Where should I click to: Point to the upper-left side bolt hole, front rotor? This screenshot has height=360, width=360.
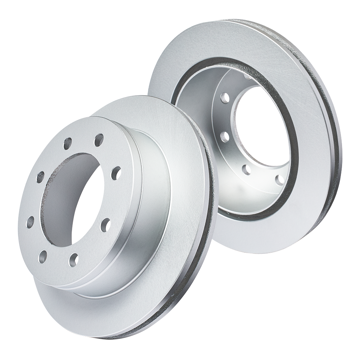pos(40,177)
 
